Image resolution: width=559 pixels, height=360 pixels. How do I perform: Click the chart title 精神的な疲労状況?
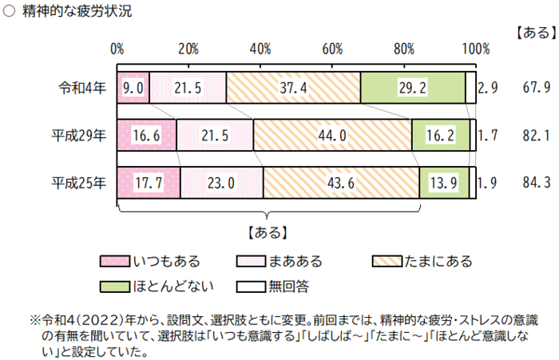[77, 12]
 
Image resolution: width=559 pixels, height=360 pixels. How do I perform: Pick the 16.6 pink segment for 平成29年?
[147, 136]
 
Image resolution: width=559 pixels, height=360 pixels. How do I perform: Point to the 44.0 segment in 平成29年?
[332, 136]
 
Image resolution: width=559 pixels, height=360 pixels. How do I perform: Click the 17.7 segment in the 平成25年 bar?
[149, 183]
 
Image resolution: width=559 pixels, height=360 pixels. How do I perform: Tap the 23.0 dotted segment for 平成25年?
[221, 183]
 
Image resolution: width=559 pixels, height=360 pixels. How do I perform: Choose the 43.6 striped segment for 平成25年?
[341, 183]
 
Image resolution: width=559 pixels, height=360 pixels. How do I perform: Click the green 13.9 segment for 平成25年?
[443, 183]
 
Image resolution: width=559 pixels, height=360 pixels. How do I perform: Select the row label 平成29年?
[78, 136]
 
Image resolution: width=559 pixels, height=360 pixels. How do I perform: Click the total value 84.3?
[535, 183]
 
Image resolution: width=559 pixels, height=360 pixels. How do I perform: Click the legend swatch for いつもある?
[115, 261]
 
